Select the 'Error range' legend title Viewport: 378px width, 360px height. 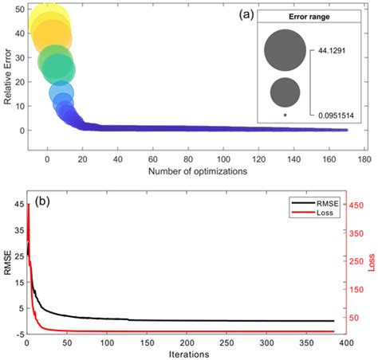(x=298, y=17)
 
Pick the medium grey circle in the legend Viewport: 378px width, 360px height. (x=285, y=92)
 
